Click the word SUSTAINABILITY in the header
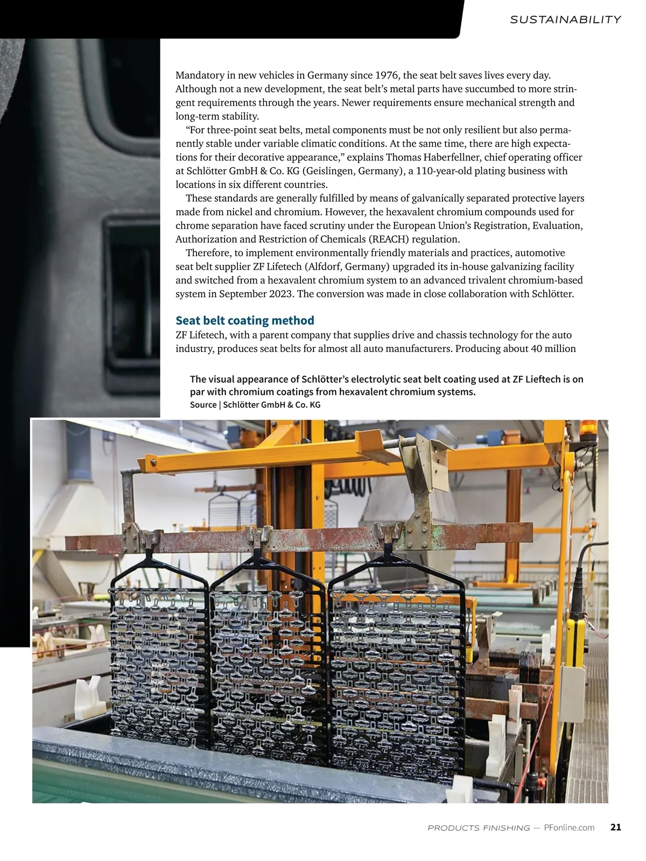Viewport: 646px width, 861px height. pos(565,19)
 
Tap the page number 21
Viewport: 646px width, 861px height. pos(616,827)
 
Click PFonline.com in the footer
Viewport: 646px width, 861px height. pos(569,828)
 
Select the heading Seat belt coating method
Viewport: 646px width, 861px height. pos(244,320)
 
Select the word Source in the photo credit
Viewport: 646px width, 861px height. pos(203,405)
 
